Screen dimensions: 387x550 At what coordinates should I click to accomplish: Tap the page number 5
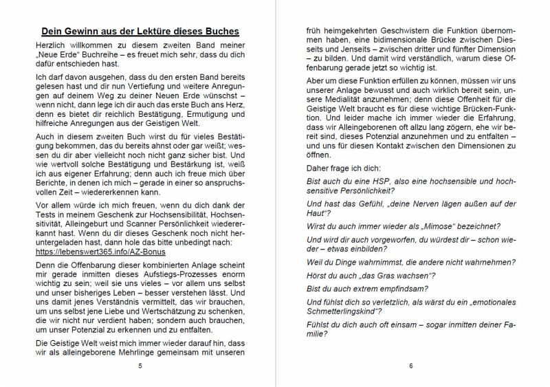pos(140,366)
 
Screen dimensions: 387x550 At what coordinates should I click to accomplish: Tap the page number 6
pos(410,366)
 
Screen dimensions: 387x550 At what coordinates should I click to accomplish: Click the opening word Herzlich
pos(49,43)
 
